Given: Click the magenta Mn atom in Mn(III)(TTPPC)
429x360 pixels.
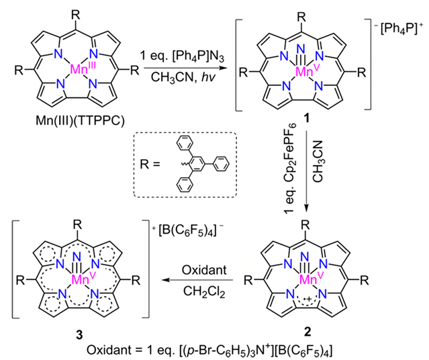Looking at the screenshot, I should pyautogui.click(x=73, y=70).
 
